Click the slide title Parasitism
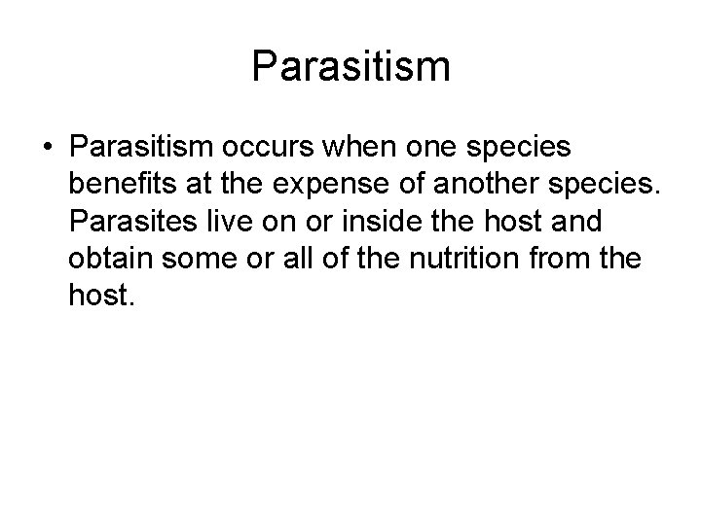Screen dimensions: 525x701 pyautogui.click(x=350, y=67)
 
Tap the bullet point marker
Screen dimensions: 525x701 pyautogui.click(x=47, y=147)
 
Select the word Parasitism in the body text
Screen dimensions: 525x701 pyautogui.click(x=142, y=147)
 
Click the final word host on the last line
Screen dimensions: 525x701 pyautogui.click(x=102, y=295)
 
